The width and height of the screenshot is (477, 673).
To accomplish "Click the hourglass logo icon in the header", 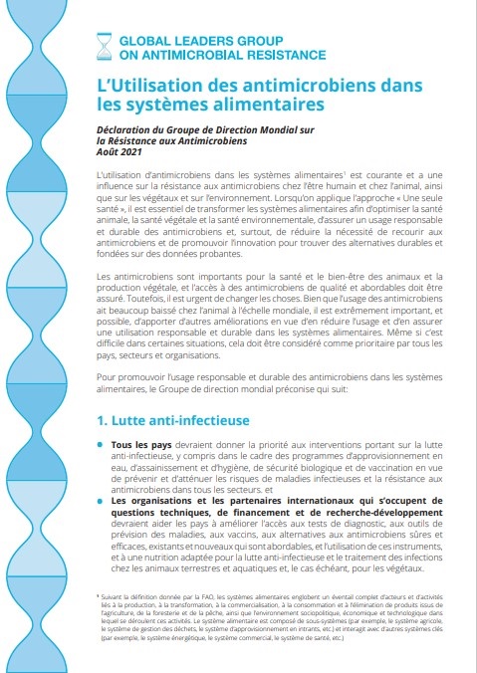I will pos(103,44).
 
